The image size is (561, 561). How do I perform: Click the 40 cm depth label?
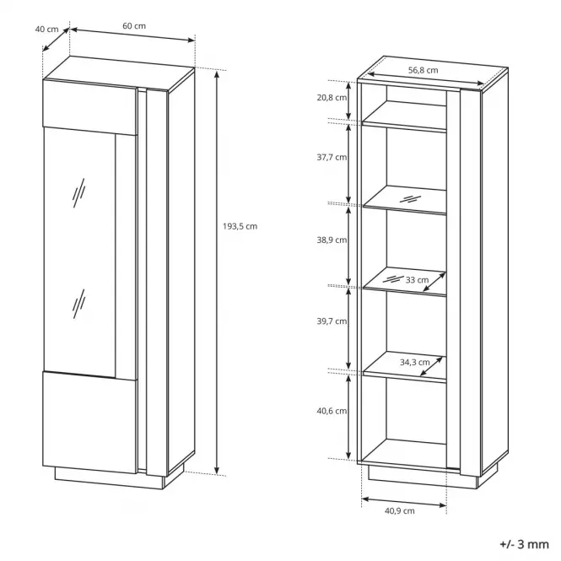point(46,29)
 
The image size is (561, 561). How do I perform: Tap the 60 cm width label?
point(134,26)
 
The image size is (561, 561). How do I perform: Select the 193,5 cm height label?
point(240,226)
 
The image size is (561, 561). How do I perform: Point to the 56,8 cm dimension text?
point(423,70)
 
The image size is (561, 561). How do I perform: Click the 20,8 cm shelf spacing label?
point(332,97)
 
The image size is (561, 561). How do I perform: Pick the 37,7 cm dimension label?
point(332,157)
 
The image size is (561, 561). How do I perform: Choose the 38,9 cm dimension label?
point(332,240)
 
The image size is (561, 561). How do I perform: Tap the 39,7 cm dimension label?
point(332,321)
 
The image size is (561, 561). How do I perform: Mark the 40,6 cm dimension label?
point(332,411)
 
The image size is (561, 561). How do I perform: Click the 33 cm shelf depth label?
point(417,280)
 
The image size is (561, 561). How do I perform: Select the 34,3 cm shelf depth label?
point(415,362)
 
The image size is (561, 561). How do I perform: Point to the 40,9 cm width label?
point(400,511)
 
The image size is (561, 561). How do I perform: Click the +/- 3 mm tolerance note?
point(524,544)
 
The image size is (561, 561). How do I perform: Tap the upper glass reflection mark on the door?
point(78,193)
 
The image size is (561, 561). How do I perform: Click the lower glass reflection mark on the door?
point(78,304)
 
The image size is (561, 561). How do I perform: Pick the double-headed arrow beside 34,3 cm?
point(431,366)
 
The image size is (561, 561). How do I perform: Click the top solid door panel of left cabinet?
point(90,107)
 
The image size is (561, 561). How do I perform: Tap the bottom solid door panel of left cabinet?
point(90,422)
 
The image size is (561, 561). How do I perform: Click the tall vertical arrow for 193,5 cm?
point(217,272)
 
